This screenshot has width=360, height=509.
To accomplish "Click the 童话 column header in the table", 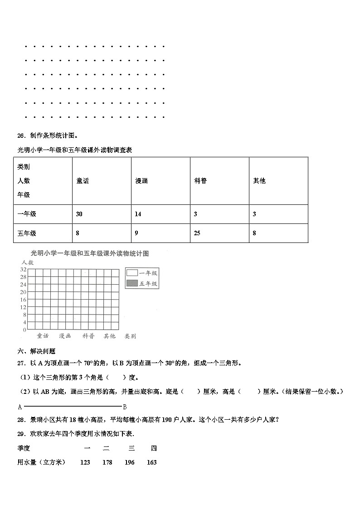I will click(x=83, y=181).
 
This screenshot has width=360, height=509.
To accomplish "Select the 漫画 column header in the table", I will click(x=141, y=181).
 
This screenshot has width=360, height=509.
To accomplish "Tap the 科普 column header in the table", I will click(x=200, y=181).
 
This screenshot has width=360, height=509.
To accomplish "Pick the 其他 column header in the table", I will click(x=259, y=181).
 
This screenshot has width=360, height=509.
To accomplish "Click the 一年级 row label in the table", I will click(x=27, y=214).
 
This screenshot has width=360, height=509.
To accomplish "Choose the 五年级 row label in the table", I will click(x=27, y=233).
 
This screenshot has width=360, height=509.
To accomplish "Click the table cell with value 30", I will click(x=79, y=214).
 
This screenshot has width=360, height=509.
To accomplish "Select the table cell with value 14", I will click(x=138, y=214).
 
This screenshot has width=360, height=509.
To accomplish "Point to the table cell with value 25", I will click(x=197, y=233).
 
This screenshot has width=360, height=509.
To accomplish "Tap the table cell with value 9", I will click(x=136, y=233).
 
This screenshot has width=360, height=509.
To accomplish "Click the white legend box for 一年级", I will click(x=132, y=273).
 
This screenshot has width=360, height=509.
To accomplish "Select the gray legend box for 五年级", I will click(x=132, y=283).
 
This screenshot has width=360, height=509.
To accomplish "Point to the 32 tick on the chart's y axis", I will click(x=23, y=270).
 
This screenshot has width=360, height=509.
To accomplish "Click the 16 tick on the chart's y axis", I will click(x=23, y=299).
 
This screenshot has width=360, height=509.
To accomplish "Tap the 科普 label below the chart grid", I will click(x=88, y=336).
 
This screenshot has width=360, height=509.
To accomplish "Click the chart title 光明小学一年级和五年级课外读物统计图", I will click(x=89, y=254).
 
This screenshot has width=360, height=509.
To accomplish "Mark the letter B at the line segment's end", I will click(x=125, y=407).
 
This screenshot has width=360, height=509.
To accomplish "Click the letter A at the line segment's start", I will click(x=20, y=407).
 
